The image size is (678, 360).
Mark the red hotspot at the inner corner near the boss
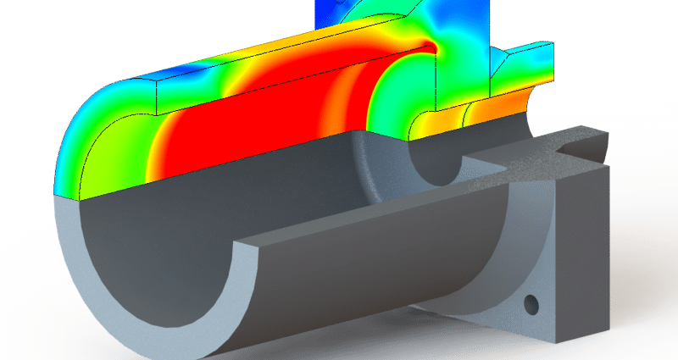pyautogui.click(x=429, y=42)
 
